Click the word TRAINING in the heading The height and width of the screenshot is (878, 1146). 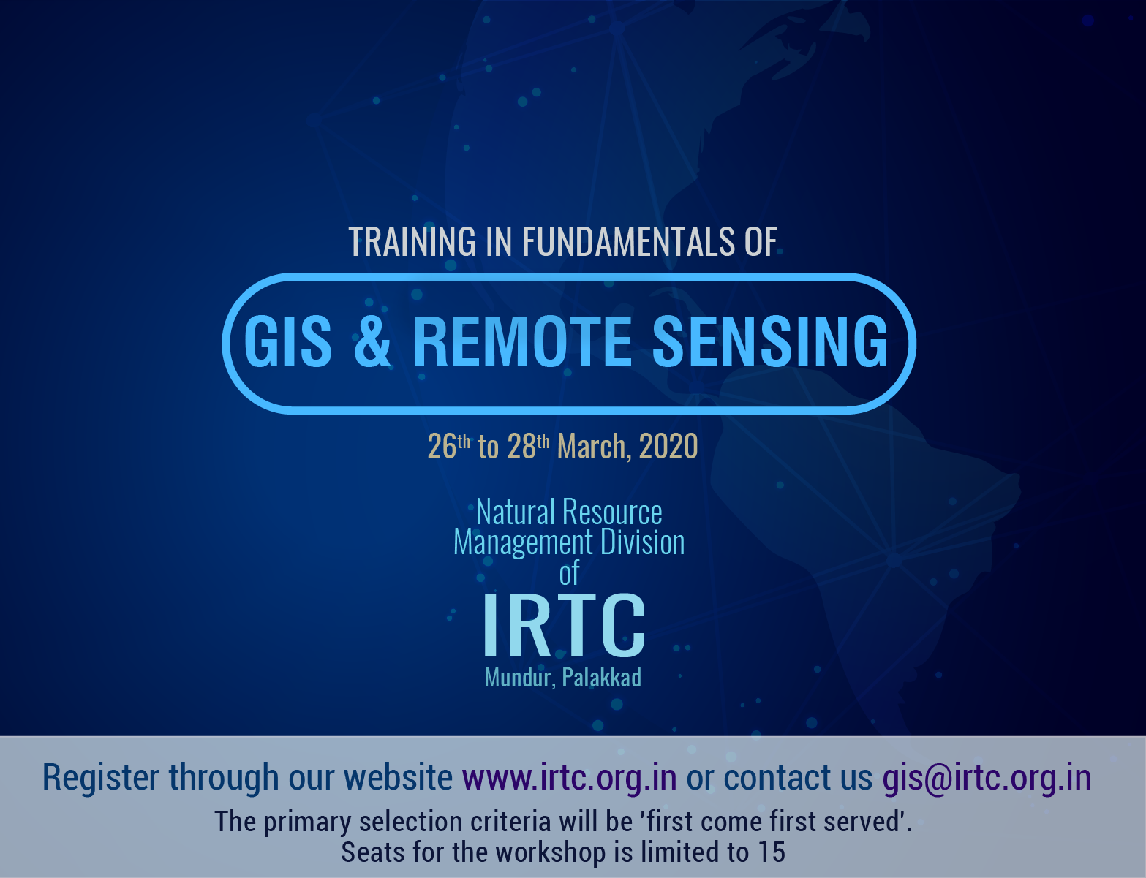click(412, 242)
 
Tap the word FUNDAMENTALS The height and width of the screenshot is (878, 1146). click(627, 242)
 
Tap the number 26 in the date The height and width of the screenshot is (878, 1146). click(442, 447)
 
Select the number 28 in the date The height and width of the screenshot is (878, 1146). click(521, 447)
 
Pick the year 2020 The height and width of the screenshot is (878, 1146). click(668, 447)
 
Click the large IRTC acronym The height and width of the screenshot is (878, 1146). click(564, 625)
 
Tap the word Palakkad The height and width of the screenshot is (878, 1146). click(602, 678)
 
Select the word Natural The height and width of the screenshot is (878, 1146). click(516, 512)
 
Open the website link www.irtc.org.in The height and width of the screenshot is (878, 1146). click(570, 777)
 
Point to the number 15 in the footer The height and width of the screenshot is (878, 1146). click(772, 852)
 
